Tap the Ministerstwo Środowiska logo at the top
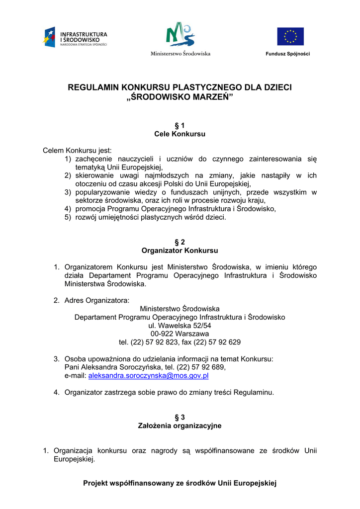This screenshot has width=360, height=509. click(180, 39)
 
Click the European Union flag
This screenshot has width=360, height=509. click(290, 36)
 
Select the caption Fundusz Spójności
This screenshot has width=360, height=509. click(287, 54)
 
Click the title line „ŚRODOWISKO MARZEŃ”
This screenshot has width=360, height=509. click(180, 96)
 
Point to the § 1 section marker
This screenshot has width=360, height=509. click(180, 125)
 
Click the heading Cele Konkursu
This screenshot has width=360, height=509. click(180, 134)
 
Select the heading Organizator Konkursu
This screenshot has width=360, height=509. click(180, 251)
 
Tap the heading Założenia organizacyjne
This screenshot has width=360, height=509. click(180, 425)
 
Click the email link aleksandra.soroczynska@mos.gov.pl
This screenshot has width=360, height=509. click(148, 376)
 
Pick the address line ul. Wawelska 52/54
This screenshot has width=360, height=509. click(180, 325)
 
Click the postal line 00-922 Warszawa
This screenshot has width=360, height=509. click(180, 334)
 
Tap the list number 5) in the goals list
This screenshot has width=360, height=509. click(68, 217)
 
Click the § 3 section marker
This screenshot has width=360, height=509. click(180, 417)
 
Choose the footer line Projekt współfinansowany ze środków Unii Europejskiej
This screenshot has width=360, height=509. click(180, 483)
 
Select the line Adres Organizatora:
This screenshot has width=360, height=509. click(96, 300)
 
